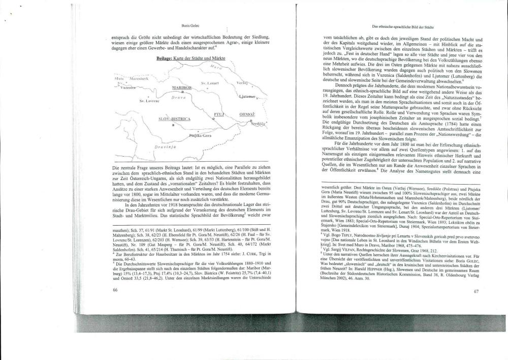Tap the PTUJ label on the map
(x=219, y=115)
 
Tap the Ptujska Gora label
(x=200, y=136)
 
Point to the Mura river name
(x=216, y=67)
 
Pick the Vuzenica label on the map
(x=130, y=87)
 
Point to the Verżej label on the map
(x=242, y=82)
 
